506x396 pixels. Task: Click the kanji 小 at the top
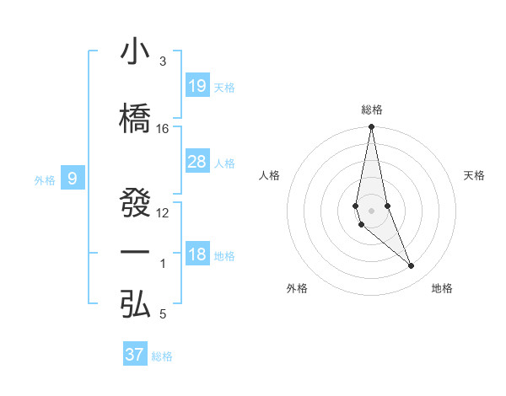pos(135,52)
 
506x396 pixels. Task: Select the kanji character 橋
pos(135,119)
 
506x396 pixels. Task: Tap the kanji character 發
pos(135,203)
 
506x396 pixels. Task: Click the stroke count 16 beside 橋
pos(163,128)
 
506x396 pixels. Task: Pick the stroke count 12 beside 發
pos(163,212)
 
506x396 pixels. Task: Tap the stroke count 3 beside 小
pos(163,62)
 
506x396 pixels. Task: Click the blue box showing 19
pos(197,85)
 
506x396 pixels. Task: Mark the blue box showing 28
pos(197,162)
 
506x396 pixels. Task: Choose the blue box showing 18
pos(197,254)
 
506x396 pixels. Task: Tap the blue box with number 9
pos(73,178)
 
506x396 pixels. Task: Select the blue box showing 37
pos(135,355)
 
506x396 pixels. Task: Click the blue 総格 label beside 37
pos(162,356)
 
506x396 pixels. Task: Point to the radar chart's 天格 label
pos(475,175)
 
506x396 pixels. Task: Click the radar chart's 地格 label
pos(442,288)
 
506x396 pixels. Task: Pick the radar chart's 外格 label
pos(297,288)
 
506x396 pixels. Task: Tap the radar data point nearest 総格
pos(371,127)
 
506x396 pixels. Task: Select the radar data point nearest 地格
pos(412,266)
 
